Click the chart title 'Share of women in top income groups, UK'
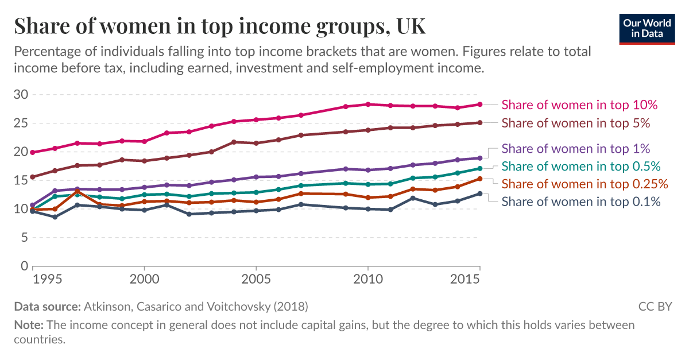(x=220, y=26)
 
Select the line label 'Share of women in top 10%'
(x=579, y=104)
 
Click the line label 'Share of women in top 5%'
(x=575, y=123)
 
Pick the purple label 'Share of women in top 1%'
(x=575, y=149)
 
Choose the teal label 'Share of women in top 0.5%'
(x=580, y=167)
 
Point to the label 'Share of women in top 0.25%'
(x=585, y=184)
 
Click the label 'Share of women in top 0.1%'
(x=580, y=202)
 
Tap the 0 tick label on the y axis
(x=24, y=266)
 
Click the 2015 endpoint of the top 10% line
(x=479, y=104)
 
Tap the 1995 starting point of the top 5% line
(x=33, y=177)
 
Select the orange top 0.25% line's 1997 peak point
(x=78, y=191)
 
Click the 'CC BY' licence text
(x=655, y=307)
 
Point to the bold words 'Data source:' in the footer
(x=48, y=307)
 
